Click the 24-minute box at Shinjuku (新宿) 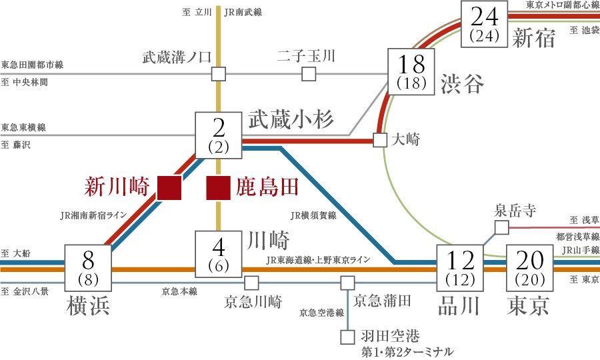[x=485, y=24]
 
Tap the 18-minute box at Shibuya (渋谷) [x=411, y=71]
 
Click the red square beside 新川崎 [x=169, y=188]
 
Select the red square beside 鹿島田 [x=218, y=188]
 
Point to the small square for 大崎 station [x=380, y=141]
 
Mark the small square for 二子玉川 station [x=309, y=73]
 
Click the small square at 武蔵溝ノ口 [x=218, y=73]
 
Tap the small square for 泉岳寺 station [x=501, y=228]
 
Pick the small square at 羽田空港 [x=347, y=337]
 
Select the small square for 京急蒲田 [x=347, y=283]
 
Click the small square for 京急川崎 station [x=251, y=283]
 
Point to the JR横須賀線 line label [x=313, y=215]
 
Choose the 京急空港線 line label [x=321, y=312]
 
